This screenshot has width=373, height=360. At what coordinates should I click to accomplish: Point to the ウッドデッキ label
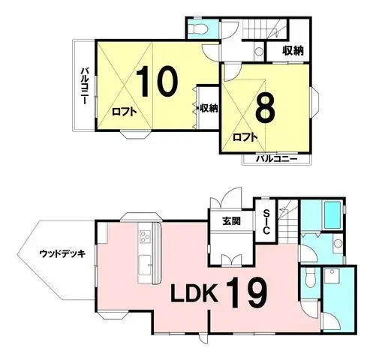[x=62, y=253]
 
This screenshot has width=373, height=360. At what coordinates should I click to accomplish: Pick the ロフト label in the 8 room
[x=245, y=136]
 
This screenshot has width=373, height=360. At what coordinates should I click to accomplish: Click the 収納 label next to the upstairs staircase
[x=293, y=50]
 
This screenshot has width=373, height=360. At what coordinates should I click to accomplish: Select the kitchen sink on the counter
[x=145, y=264]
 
